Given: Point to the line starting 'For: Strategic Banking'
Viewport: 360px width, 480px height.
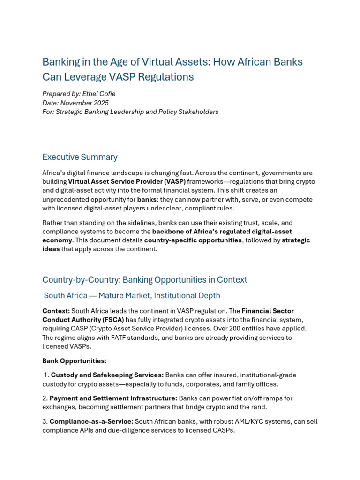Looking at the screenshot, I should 130,112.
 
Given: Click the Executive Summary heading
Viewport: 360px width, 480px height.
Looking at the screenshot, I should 80,157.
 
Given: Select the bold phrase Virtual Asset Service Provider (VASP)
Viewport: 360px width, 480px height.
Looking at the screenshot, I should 127,181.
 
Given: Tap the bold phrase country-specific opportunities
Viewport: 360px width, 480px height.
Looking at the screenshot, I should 193,240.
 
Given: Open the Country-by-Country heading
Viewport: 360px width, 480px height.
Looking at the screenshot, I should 144,280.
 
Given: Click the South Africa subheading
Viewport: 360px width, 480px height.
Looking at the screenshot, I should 132,296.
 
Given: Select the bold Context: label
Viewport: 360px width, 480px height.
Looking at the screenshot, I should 56,311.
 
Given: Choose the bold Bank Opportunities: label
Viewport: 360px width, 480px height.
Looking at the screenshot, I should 74,361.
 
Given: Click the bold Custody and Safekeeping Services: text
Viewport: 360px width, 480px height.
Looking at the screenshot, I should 107,375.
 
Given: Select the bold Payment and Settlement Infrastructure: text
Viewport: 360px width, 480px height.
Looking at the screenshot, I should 113,398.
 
